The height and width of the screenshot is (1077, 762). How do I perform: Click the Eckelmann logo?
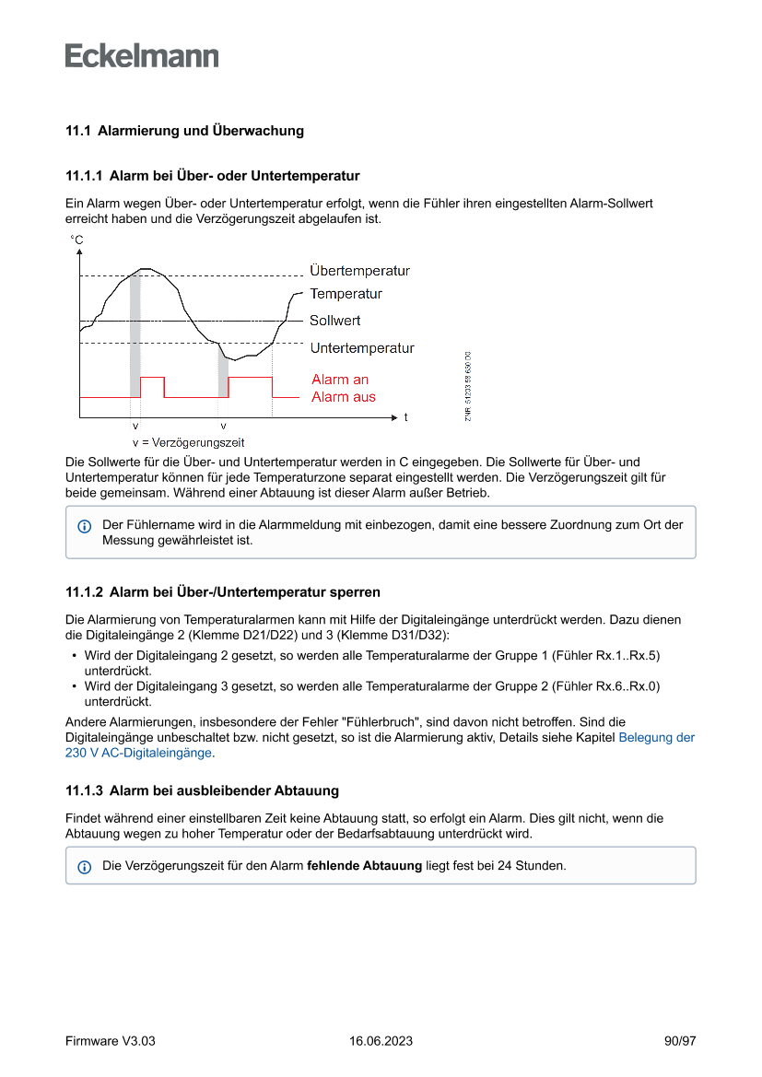point(142,55)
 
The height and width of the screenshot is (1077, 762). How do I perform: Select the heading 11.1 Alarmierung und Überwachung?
point(184,131)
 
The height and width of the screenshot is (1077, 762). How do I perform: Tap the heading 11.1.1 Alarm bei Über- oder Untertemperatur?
point(212,175)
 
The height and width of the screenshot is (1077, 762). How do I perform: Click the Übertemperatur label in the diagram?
point(359,271)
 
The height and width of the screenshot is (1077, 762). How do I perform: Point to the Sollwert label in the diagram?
point(334,321)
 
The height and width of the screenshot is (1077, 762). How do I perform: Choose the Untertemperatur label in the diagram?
point(361,348)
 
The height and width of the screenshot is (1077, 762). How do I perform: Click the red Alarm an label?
point(340,380)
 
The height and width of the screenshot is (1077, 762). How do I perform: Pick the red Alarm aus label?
point(344,397)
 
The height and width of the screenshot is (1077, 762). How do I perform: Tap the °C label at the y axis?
point(76,240)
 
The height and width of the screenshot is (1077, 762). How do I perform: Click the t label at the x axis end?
point(405,417)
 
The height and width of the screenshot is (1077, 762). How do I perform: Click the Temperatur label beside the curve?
point(346,294)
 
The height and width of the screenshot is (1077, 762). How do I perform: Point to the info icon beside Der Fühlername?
point(85,526)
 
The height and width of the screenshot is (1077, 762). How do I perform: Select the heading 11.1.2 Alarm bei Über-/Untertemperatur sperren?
point(222,591)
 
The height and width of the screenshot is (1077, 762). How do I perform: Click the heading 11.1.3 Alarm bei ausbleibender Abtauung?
point(202,790)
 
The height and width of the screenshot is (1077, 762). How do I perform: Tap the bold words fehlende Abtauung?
point(364,866)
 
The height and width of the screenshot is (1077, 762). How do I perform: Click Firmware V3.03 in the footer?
point(111,1041)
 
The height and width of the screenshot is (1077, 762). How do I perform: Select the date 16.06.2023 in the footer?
point(381,1041)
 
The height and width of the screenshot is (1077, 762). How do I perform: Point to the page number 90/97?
point(680,1041)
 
